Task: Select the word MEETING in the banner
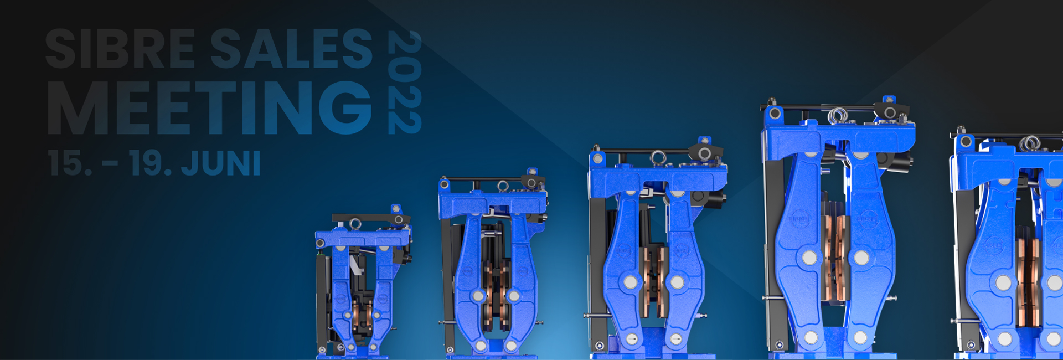pyautogui.click(x=210, y=108)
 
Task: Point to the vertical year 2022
pyautogui.click(x=405, y=82)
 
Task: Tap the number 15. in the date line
pyautogui.click(x=70, y=163)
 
